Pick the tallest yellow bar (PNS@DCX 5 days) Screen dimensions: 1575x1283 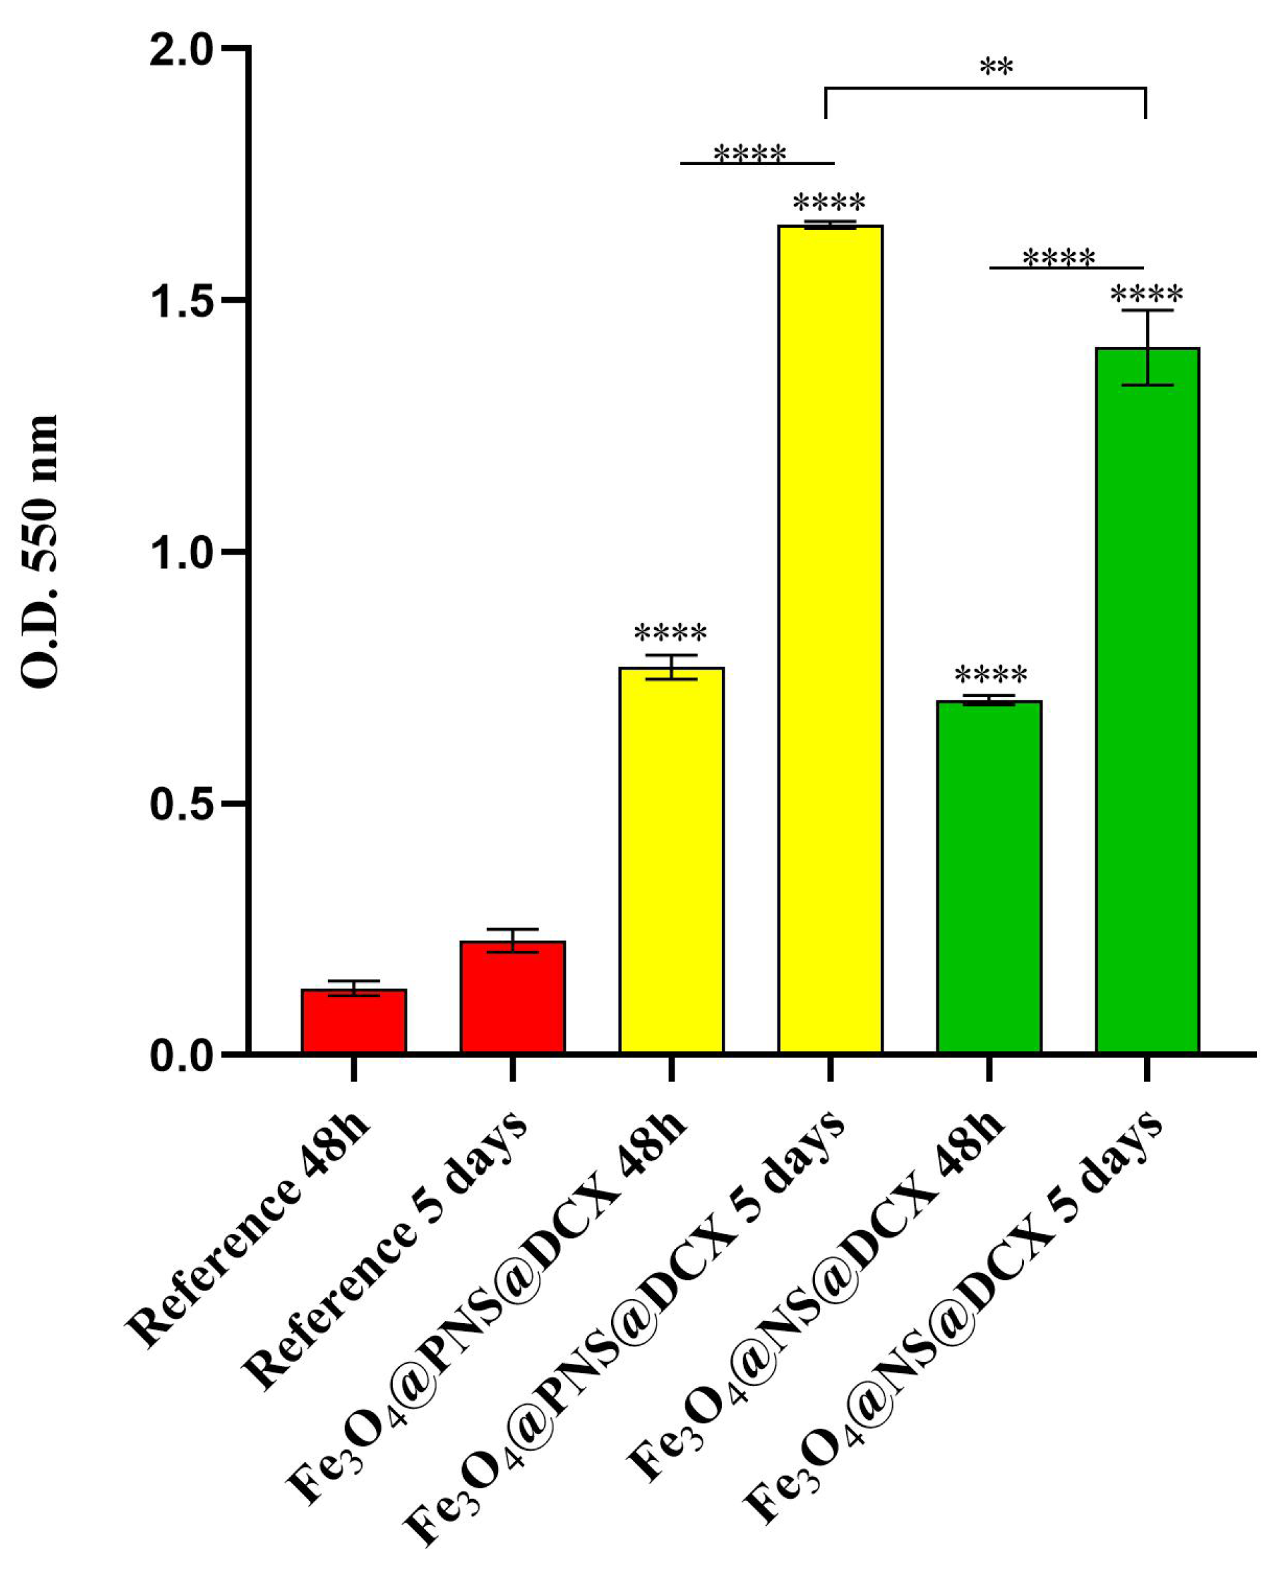830,639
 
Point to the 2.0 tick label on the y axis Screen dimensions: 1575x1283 180,51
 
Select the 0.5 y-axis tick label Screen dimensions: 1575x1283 180,805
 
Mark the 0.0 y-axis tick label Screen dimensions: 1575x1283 180,1056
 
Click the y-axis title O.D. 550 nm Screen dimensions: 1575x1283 39,551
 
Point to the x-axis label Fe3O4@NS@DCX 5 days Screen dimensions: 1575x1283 953,1324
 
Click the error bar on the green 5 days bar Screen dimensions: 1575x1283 1147,347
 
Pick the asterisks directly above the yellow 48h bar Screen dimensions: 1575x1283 671,634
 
